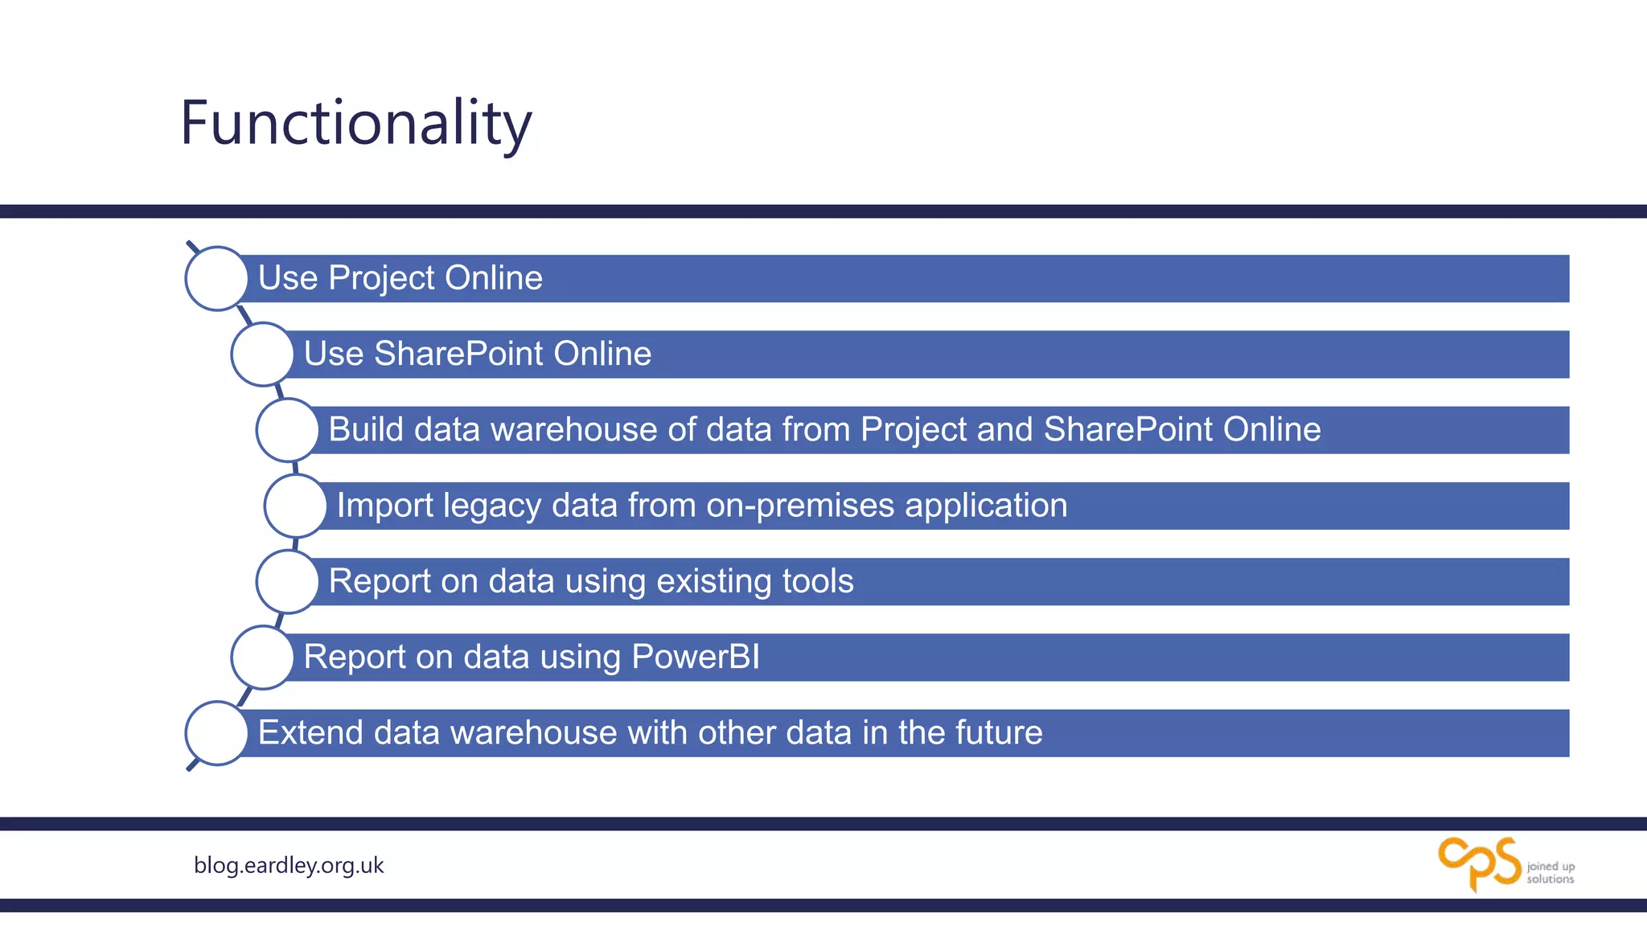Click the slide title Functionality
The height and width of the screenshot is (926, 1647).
tap(355, 123)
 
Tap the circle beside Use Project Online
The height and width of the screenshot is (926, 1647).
tap(216, 278)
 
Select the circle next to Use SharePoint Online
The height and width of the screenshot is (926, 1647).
tap(262, 354)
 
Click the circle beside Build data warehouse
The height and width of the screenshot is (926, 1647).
tap(287, 430)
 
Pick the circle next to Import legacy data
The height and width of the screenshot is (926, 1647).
tap(296, 506)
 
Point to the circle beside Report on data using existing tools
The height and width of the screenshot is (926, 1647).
tap(287, 581)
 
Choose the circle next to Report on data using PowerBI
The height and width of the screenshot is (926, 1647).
tap(262, 658)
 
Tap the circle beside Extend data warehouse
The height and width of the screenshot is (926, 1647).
tap(216, 733)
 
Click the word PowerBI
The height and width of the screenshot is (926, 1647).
tap(696, 657)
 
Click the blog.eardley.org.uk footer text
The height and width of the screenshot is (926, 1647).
tap(289, 865)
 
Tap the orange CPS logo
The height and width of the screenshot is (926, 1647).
tap(1479, 863)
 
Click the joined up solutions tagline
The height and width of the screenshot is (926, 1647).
tap(1550, 873)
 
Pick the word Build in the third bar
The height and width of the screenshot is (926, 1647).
tap(366, 429)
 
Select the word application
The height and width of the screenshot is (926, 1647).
tap(986, 506)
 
